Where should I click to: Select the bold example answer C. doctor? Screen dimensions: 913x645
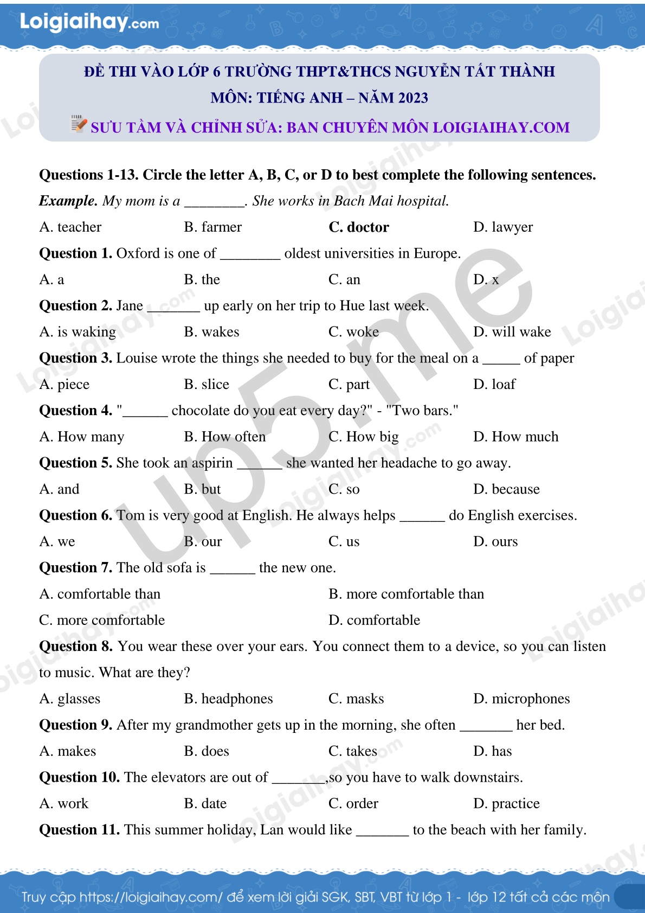358,227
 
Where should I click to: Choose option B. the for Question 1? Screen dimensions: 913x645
202,280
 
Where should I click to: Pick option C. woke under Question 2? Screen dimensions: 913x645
353,332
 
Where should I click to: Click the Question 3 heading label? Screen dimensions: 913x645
75,358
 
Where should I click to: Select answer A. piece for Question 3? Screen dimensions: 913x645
64,385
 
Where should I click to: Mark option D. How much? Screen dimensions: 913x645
515,437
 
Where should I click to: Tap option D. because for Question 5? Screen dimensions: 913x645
506,489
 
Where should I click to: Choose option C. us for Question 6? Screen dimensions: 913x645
344,542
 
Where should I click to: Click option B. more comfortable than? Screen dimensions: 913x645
406,594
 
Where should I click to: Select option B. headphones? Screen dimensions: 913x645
228,699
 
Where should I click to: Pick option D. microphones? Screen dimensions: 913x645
521,699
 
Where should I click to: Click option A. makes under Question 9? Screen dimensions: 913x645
68,751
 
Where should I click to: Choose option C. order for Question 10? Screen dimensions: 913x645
353,803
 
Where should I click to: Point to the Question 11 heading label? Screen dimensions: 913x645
79,830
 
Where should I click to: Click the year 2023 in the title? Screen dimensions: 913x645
413,98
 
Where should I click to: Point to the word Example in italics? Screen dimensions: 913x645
68,201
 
